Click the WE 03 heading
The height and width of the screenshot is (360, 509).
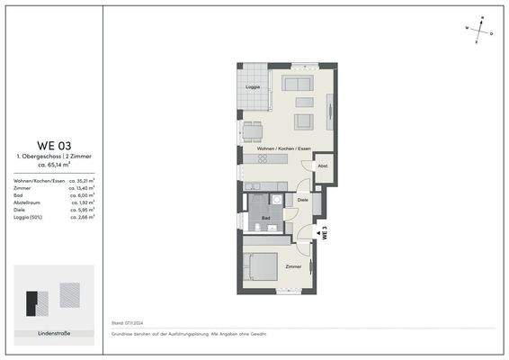tap(54, 145)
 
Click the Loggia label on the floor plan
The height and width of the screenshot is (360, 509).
tap(254, 87)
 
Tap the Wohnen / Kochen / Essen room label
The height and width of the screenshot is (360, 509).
tap(283, 148)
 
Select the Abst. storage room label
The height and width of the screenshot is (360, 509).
tap(322, 166)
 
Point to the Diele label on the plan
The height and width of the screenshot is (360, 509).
tap(303, 201)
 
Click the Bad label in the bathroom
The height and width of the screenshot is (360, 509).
tap(266, 219)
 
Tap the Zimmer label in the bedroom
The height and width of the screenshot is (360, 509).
tap(292, 267)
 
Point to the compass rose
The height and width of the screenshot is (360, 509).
tap(482, 28)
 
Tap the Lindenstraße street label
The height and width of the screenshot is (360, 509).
tap(55, 334)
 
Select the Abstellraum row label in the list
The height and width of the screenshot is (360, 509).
tap(29, 203)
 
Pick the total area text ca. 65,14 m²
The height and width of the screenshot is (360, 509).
tap(54, 166)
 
